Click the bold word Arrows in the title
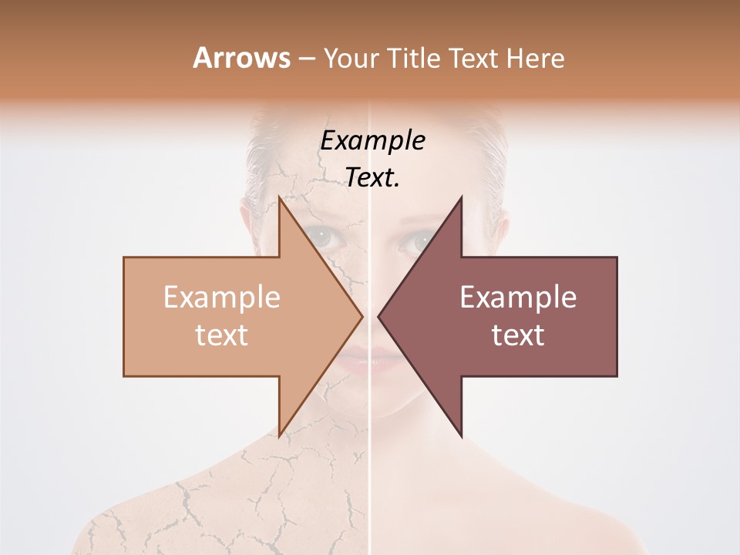241,58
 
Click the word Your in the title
351,58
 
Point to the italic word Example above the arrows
372,141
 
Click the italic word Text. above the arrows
372,178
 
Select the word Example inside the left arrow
222,298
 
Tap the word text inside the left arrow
222,335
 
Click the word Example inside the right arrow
518,298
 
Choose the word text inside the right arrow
518,335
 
